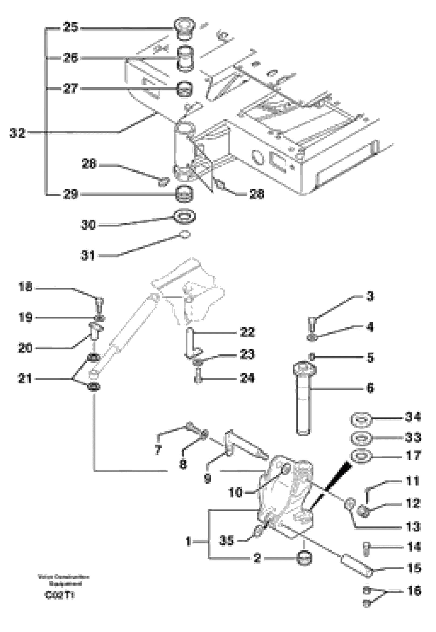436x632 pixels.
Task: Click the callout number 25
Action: click(70, 27)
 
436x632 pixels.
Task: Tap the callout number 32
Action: click(18, 133)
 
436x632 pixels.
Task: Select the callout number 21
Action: click(25, 379)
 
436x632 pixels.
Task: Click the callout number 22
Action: click(247, 332)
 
